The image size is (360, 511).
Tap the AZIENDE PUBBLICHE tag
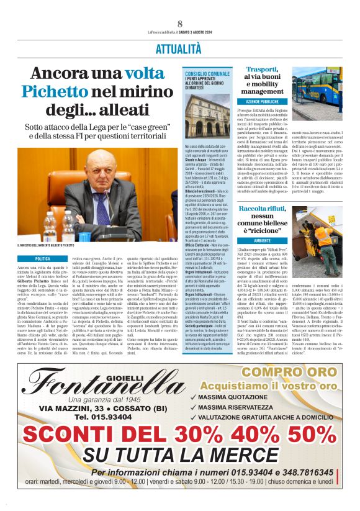[x=261, y=101]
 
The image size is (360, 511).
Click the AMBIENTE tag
[x=261, y=240]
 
